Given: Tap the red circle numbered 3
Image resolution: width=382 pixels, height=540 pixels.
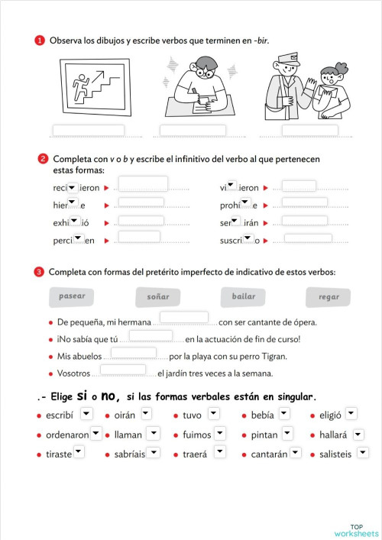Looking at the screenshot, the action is coord(38,272).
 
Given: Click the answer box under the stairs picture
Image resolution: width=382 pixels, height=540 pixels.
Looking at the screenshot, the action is coord(88,130).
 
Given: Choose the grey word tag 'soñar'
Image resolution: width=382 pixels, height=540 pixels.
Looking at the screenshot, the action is coord(158,296).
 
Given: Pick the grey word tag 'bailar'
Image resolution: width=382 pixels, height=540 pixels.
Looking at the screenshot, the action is coord(244,296).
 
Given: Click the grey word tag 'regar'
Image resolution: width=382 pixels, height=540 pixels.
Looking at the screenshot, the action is coord(329,297).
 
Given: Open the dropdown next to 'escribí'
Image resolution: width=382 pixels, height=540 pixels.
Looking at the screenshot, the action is coord(86,413).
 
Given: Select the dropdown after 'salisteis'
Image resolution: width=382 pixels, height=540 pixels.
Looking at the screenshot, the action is coord(362,453).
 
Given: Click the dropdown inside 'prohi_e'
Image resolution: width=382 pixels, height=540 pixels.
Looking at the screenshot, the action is coord(245,203).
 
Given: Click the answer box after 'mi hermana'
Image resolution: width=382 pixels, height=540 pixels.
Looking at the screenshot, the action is coord(183,317).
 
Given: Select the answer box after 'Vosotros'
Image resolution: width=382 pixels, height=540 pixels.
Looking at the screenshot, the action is coord(122,370).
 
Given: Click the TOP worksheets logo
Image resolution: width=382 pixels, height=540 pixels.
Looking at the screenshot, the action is coord(356,530).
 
